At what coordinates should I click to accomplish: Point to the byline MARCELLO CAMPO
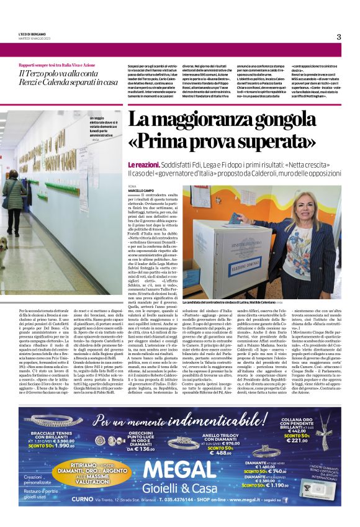point(142,191)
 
